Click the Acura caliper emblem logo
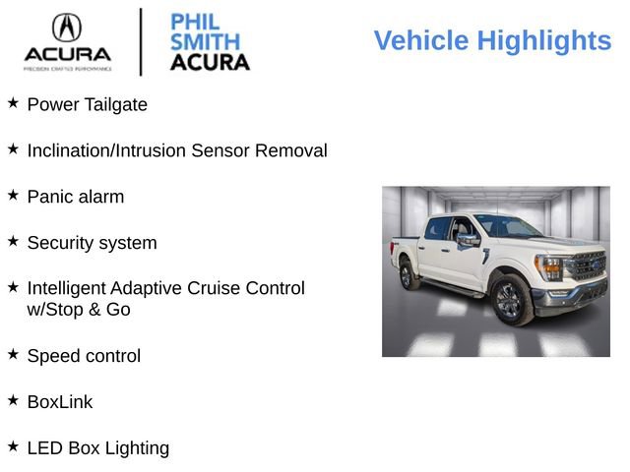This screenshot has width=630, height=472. tap(67, 27)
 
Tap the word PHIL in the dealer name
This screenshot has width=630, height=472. tap(195, 23)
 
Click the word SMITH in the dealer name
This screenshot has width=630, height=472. tap(205, 42)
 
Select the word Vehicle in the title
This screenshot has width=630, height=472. tap(421, 41)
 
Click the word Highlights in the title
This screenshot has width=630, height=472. tap(543, 41)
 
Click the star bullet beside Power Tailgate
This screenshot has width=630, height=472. tap(13, 102)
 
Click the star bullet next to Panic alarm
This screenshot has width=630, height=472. tap(13, 195)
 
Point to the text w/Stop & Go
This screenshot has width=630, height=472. tap(79, 310)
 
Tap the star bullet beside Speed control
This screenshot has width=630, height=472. tap(13, 354)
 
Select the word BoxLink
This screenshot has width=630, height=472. tap(60, 402)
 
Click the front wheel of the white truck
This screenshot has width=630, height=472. tap(511, 300)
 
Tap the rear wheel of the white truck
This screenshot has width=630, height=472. tap(408, 274)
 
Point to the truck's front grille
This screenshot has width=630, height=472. tap(588, 265)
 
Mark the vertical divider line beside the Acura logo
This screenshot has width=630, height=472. tap(141, 41)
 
